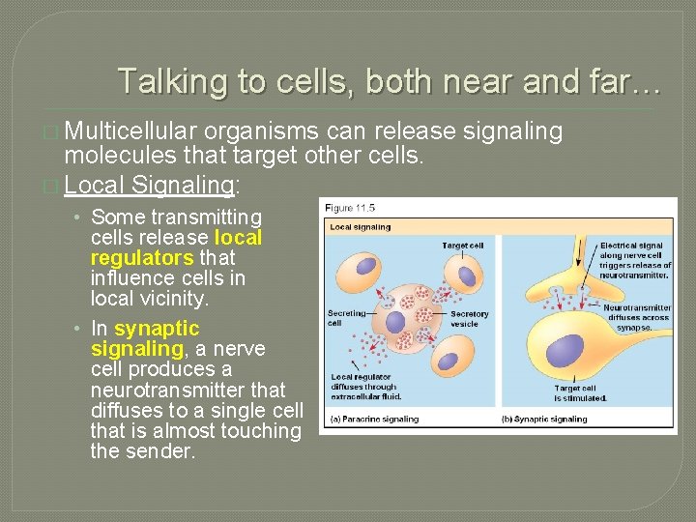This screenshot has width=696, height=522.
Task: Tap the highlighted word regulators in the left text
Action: [142, 258]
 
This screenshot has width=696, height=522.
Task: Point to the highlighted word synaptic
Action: [156, 329]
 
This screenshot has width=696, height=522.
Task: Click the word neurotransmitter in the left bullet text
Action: [188, 391]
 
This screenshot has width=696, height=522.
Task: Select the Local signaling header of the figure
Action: [361, 227]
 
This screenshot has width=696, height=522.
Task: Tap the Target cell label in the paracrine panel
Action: [462, 246]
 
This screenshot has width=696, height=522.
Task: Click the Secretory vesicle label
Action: [470, 318]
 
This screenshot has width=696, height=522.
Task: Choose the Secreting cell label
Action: [346, 318]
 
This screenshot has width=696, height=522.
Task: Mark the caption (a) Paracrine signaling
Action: [375, 419]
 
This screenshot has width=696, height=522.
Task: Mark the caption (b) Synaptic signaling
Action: [545, 419]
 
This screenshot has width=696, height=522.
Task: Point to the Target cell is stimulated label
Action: [580, 393]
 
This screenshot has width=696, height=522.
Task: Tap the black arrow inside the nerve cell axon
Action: [580, 253]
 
